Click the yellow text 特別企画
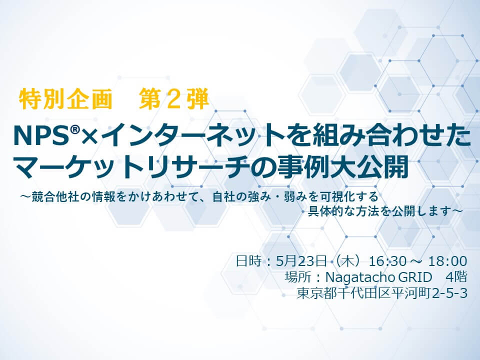tap(65, 99)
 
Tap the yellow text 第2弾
tap(173, 99)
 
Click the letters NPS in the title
tap(41, 136)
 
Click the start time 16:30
tap(387, 261)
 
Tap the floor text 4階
tap(456, 277)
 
